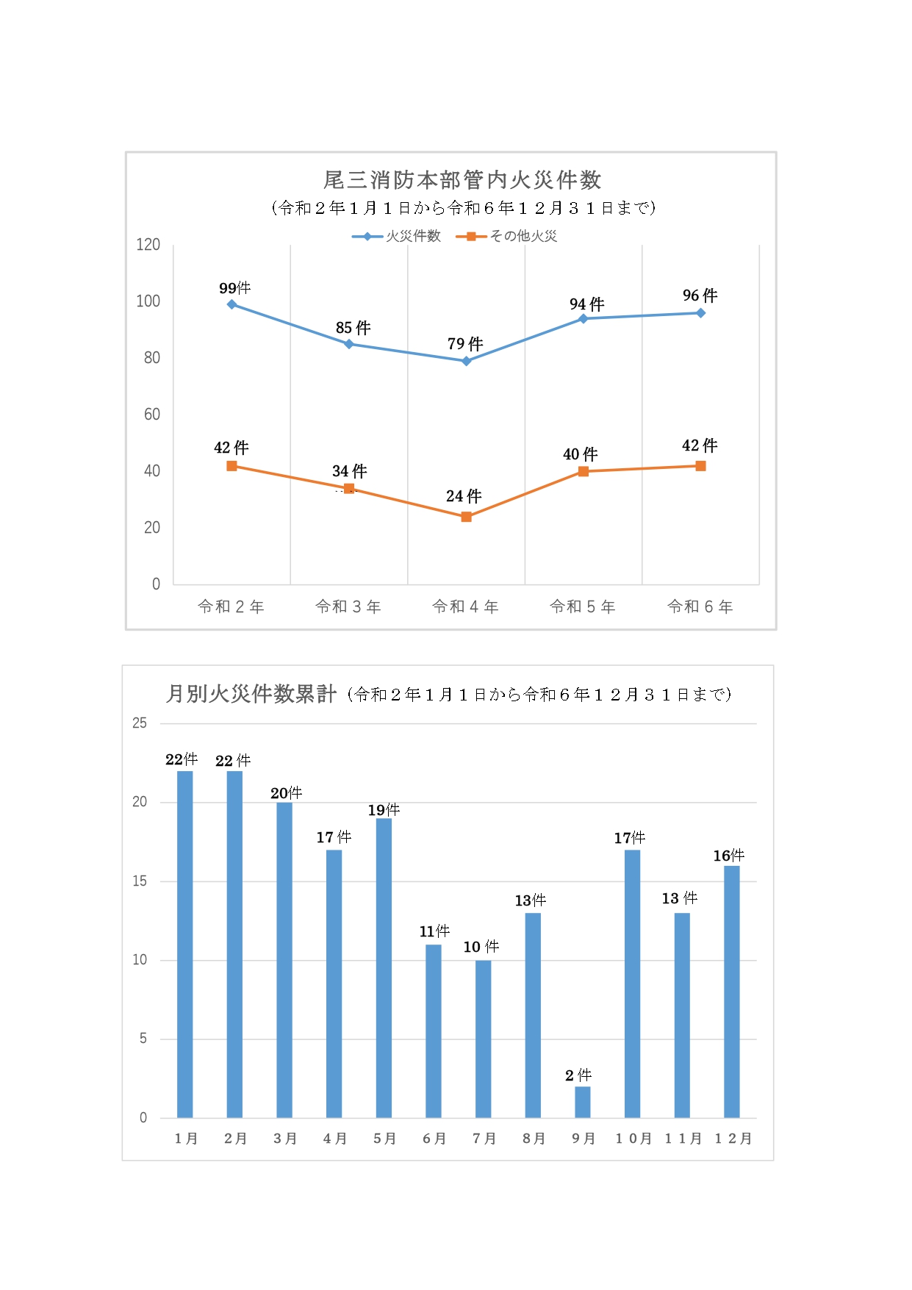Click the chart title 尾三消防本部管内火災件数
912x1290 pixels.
coord(462,180)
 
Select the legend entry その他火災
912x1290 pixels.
coord(523,236)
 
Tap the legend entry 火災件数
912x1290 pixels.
coord(413,236)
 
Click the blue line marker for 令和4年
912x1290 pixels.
coord(466,361)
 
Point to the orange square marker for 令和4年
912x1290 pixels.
coord(466,517)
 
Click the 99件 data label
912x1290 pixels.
coord(234,288)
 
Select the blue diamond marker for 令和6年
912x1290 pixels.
coord(700,313)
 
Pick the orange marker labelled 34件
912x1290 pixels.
coord(349,489)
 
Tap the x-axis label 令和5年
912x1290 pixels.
coord(583,606)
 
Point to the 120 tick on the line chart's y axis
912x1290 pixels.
coord(148,245)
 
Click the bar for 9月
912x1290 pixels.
coord(583,1101)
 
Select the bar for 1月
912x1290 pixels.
coord(185,944)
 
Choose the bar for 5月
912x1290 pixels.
coord(384,967)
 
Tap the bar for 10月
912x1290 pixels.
coord(632,983)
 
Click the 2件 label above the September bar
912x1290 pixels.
coord(578,1075)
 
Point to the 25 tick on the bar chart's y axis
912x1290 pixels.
coord(140,723)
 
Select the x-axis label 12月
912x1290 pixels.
coord(733,1139)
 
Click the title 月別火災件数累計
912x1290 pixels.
coord(251,694)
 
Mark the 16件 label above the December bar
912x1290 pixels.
coord(728,856)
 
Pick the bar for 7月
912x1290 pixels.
coord(483,1039)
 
